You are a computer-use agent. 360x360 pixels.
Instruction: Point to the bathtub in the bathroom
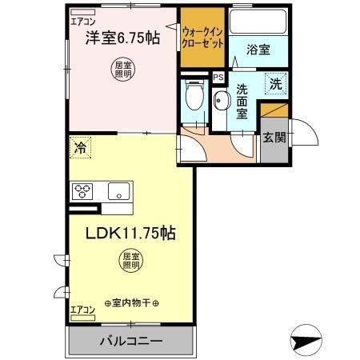258,22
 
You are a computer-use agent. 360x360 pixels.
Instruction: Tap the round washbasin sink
221,101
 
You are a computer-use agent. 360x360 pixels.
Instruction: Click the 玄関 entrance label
274,137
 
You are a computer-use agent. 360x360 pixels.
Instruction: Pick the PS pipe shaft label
218,77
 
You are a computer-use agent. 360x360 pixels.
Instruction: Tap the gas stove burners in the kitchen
84,190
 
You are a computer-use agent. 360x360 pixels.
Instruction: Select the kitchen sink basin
119,190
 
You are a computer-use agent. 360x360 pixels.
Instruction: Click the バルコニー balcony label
131,341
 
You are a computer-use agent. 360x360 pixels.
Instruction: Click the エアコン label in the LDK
82,309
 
